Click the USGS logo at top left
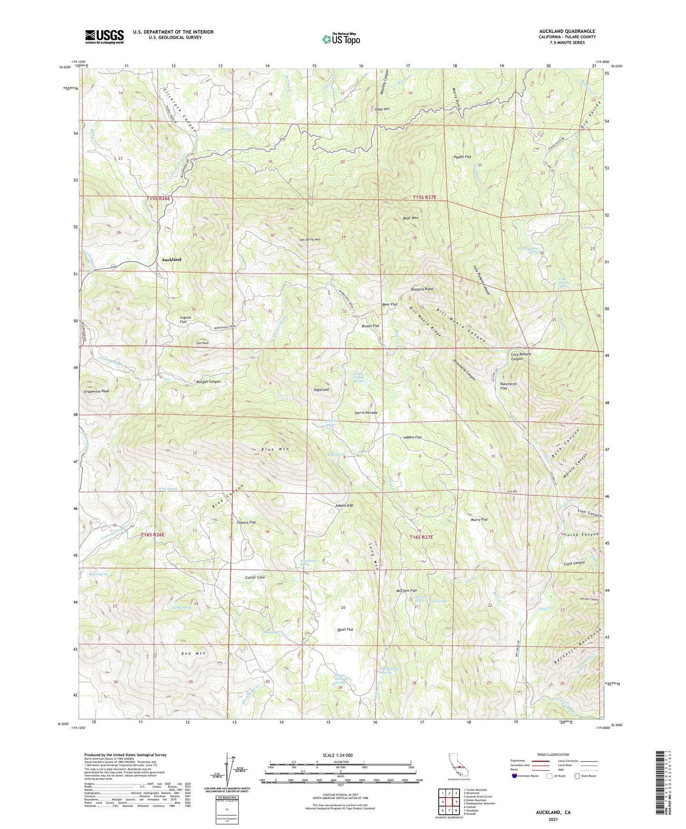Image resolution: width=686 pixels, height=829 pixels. [104, 36]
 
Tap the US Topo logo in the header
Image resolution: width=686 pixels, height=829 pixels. [341, 39]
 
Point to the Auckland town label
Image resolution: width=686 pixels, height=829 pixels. [171, 260]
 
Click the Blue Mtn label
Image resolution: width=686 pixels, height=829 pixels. [275, 449]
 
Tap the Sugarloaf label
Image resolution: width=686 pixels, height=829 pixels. [321, 389]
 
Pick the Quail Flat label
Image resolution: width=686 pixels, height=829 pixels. [345, 629]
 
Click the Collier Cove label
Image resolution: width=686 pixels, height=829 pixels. [255, 577]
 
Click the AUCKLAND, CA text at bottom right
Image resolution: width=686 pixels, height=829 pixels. [554, 812]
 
